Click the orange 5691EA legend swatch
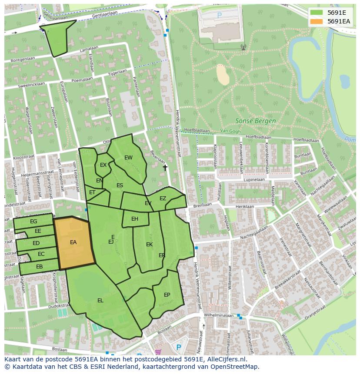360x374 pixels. pyautogui.click(x=317, y=21)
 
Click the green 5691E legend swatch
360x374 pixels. pyautogui.click(x=317, y=13)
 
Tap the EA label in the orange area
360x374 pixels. pyautogui.click(x=73, y=242)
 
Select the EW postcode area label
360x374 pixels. pyautogui.click(x=128, y=158)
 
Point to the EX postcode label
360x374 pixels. pyautogui.click(x=103, y=165)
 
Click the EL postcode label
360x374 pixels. pyautogui.click(x=100, y=300)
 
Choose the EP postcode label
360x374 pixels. pyautogui.click(x=167, y=295)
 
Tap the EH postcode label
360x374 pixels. pyautogui.click(x=135, y=219)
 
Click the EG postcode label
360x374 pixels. pyautogui.click(x=33, y=222)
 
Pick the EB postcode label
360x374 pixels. pyautogui.click(x=39, y=267)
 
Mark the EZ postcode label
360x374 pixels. pyautogui.click(x=163, y=199)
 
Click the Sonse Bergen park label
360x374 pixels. pyautogui.click(x=256, y=121)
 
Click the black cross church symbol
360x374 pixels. pyautogui.click(x=165, y=167)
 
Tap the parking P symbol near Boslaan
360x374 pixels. pyautogui.click(x=179, y=347)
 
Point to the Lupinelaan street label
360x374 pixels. pyautogui.click(x=254, y=179)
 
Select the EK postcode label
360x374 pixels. pyautogui.click(x=149, y=245)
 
